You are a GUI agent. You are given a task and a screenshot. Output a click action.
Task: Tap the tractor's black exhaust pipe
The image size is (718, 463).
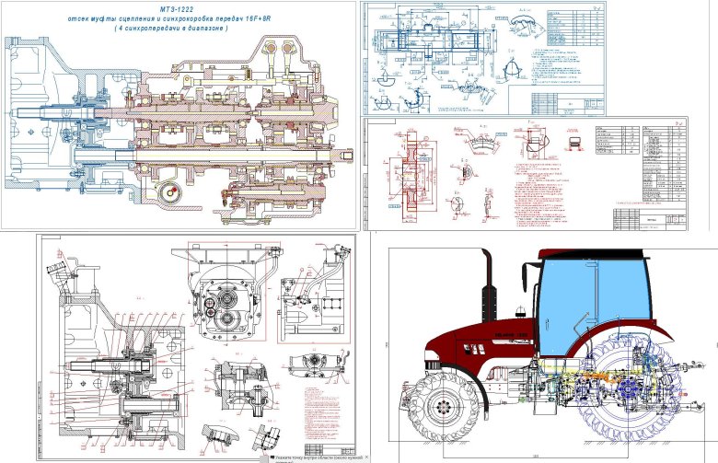point(486,285)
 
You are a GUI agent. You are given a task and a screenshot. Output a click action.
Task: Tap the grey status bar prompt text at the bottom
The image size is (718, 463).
point(313,456)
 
